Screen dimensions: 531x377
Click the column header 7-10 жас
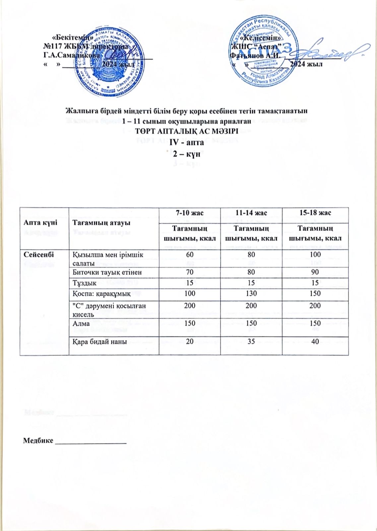point(190,213)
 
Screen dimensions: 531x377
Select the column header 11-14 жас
point(251,213)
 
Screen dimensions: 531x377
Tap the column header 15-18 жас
point(315,213)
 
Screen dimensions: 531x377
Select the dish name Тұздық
point(85,283)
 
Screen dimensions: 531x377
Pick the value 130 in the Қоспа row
point(251,294)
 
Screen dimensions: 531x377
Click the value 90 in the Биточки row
point(315,272)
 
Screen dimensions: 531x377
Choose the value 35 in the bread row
point(251,341)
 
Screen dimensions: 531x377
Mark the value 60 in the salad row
point(190,255)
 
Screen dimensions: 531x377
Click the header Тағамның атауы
point(101,223)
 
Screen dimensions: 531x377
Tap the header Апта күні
point(40,223)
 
